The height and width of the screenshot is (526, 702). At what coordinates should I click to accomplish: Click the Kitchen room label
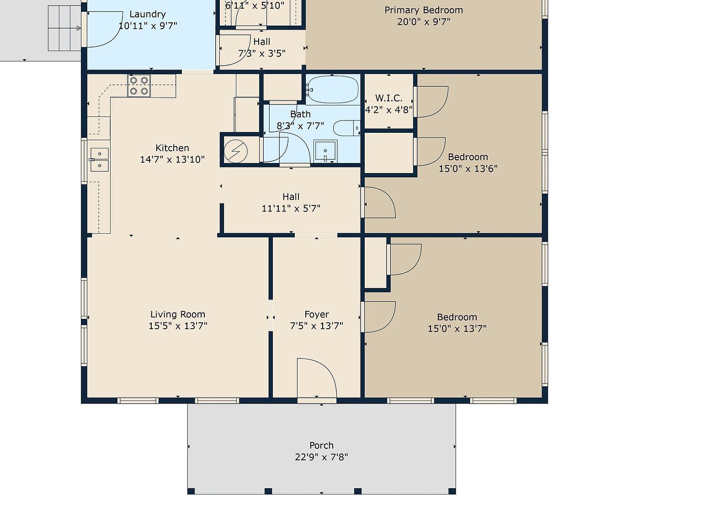tap(172, 148)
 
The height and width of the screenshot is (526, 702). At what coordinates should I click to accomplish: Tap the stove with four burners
tap(139, 86)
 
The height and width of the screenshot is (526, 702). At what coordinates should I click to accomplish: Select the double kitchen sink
tap(99, 160)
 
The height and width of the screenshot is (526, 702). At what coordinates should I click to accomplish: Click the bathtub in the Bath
tap(332, 90)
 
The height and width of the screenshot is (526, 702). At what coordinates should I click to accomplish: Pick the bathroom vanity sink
tap(325, 151)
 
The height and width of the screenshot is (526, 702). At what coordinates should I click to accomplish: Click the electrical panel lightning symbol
tap(236, 151)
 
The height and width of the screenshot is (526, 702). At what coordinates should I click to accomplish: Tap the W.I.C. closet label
tap(388, 98)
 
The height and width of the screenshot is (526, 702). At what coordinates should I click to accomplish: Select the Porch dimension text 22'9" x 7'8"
tap(321, 457)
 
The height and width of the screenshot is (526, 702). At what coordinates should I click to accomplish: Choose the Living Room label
tap(178, 314)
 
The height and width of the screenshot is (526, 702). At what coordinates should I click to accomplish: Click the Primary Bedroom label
tap(424, 10)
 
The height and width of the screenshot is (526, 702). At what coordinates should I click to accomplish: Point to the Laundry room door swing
tap(105, 30)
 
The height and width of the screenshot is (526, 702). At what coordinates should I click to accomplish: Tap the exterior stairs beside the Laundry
tap(64, 28)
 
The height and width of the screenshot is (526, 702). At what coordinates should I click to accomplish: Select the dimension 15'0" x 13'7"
tap(457, 328)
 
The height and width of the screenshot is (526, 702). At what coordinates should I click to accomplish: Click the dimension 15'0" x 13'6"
tap(468, 168)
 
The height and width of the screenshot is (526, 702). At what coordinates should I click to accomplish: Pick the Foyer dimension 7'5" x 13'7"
tap(316, 326)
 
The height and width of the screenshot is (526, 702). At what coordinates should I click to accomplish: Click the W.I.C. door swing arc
tap(432, 101)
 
